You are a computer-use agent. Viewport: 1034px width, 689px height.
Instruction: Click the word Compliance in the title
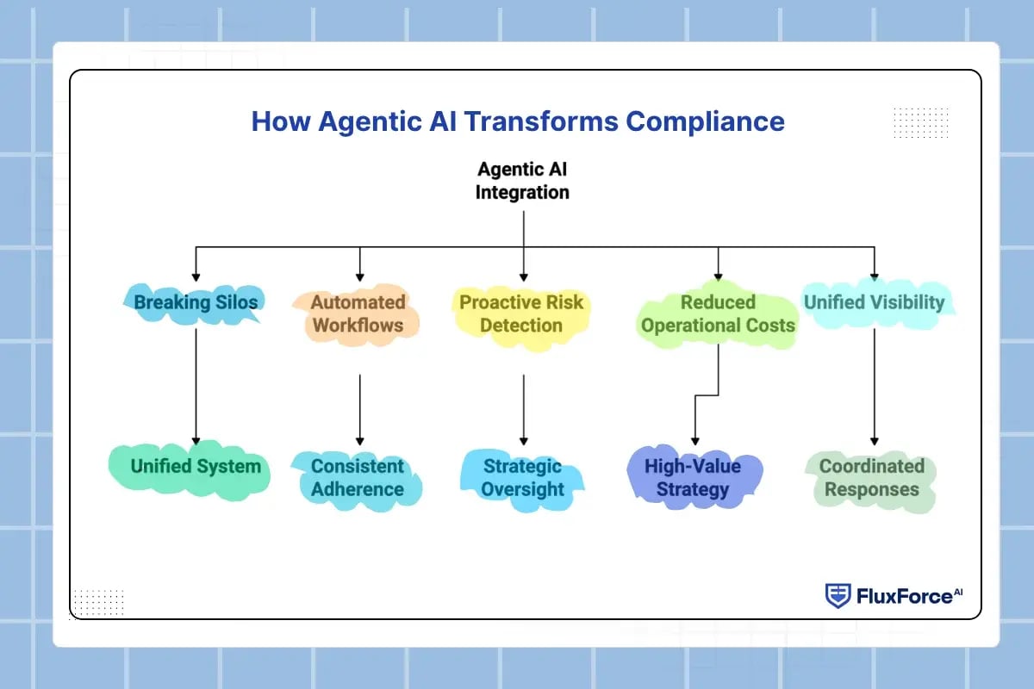click(x=705, y=121)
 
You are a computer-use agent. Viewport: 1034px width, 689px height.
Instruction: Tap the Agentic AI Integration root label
click(x=522, y=181)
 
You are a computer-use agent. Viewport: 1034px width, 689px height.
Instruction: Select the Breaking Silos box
click(x=195, y=303)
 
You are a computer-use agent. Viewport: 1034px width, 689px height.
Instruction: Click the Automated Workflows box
click(x=358, y=314)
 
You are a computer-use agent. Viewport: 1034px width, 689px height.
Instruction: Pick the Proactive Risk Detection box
click(x=521, y=316)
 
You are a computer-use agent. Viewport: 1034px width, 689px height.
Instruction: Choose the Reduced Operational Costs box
click(x=718, y=314)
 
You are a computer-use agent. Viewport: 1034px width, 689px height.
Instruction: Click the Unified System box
click(x=190, y=469)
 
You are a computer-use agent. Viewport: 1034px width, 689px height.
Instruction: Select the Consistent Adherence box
click(x=358, y=479)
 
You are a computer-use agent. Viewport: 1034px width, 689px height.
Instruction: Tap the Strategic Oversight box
click(x=522, y=479)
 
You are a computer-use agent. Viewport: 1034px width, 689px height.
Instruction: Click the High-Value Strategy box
click(x=694, y=478)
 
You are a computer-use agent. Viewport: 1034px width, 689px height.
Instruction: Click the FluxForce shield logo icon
click(x=838, y=596)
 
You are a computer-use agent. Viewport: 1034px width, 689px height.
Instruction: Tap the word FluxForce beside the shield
click(x=904, y=596)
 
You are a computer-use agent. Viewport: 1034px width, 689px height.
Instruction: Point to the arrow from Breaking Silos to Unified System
click(x=196, y=387)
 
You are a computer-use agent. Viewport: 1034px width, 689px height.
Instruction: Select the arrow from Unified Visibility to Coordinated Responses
click(x=875, y=387)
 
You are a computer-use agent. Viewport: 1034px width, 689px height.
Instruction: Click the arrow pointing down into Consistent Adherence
click(x=360, y=410)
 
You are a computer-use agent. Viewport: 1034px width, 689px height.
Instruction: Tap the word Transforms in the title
click(x=541, y=121)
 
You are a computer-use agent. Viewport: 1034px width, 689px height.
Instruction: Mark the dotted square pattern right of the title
click(x=921, y=123)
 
